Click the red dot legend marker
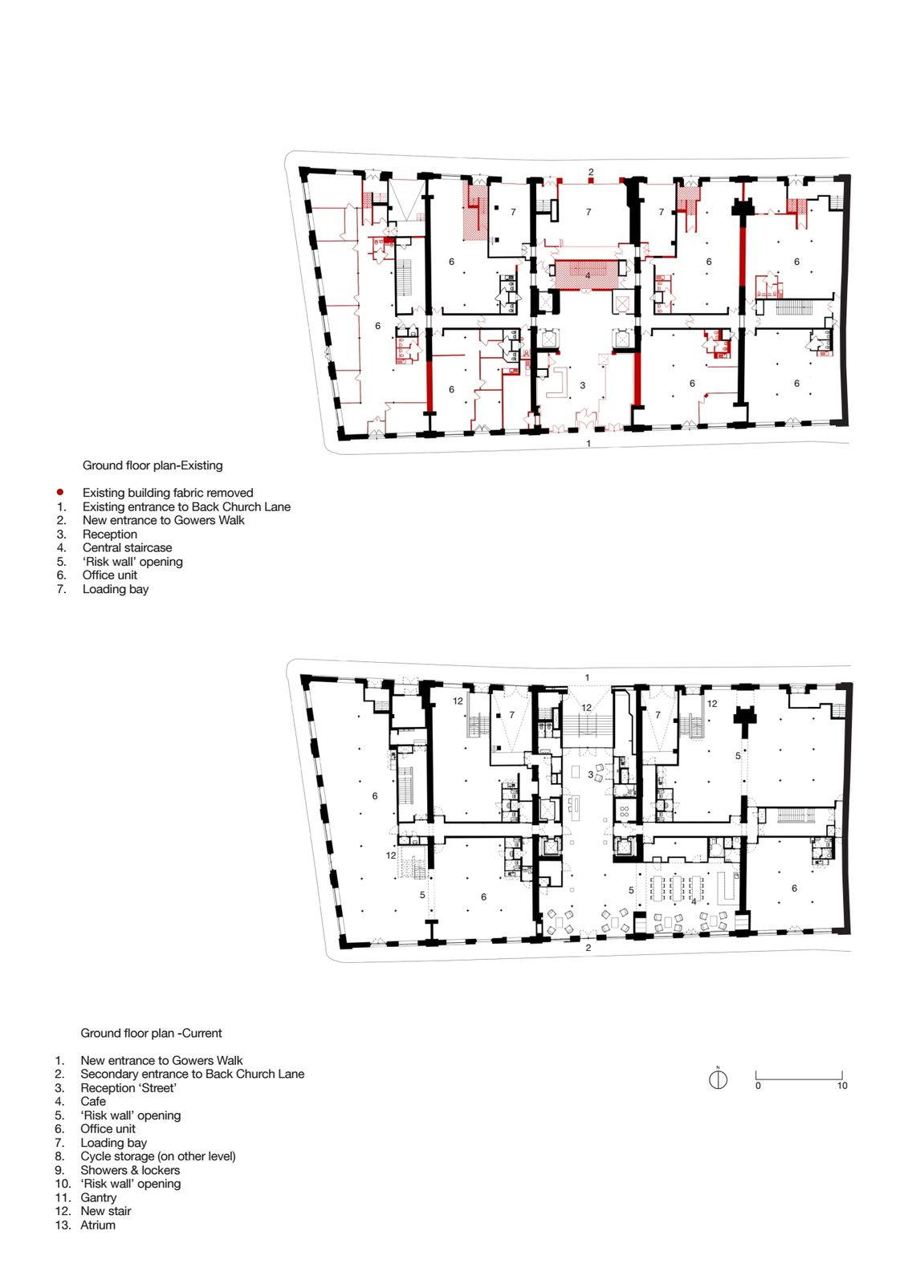pyautogui.click(x=59, y=492)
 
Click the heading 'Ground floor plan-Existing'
pyautogui.click(x=153, y=465)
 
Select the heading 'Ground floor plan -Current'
pyautogui.click(x=151, y=1033)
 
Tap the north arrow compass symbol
pyautogui.click(x=718, y=1079)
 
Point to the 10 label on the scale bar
pyautogui.click(x=841, y=1085)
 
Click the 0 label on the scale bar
pyautogui.click(x=758, y=1085)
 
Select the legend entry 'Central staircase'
pyautogui.click(x=128, y=547)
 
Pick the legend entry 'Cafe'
pyautogui.click(x=93, y=1101)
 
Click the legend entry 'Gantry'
pyautogui.click(x=98, y=1197)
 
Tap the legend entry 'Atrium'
pyautogui.click(x=97, y=1225)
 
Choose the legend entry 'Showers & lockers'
pyautogui.click(x=130, y=1170)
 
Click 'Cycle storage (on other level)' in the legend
pyautogui.click(x=157, y=1156)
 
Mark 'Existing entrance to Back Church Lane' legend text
pyautogui.click(x=186, y=506)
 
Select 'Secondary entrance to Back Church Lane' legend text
pyautogui.click(x=192, y=1074)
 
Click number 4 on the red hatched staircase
pyautogui.click(x=588, y=276)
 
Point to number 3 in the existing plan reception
pyautogui.click(x=582, y=385)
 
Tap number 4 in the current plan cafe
pyautogui.click(x=694, y=902)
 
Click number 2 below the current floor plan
pyautogui.click(x=588, y=948)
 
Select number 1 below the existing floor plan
pyautogui.click(x=588, y=443)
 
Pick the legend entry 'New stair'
pyautogui.click(x=105, y=1211)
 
